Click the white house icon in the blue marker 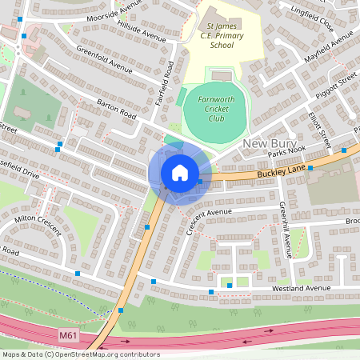pos(179,173)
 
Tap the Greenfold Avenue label pos(104,62)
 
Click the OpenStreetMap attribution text pos(80,354)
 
